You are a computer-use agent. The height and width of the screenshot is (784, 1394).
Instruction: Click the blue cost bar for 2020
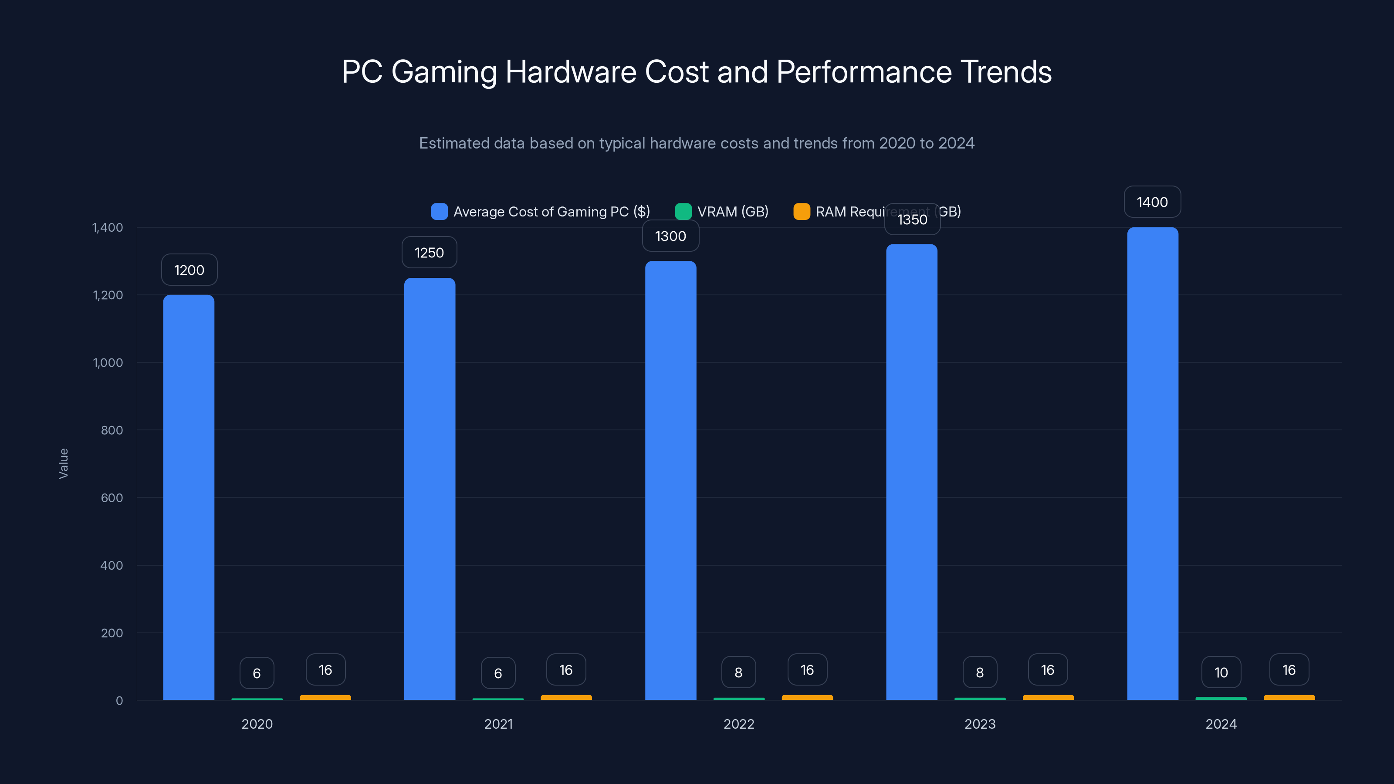pyautogui.click(x=189, y=498)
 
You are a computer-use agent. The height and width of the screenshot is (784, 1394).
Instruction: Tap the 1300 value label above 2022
pyautogui.click(x=670, y=236)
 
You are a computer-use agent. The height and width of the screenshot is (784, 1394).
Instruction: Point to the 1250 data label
pyautogui.click(x=429, y=253)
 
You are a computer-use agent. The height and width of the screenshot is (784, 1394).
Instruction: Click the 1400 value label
pyautogui.click(x=1152, y=203)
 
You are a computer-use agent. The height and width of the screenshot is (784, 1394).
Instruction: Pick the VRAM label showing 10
pyautogui.click(x=1221, y=672)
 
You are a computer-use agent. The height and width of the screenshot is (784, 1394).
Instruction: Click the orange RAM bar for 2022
pyautogui.click(x=807, y=697)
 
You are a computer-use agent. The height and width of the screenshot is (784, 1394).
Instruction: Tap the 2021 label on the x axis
pyautogui.click(x=498, y=724)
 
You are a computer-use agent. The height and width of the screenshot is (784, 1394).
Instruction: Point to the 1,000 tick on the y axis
pyautogui.click(x=108, y=362)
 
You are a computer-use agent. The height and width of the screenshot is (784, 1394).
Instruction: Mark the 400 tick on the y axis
pyautogui.click(x=112, y=565)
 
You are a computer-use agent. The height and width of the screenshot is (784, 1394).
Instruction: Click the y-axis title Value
pyautogui.click(x=63, y=464)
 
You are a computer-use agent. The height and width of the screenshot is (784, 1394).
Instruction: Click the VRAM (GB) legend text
pyautogui.click(x=733, y=212)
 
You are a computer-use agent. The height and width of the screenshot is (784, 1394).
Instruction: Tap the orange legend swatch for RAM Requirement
pyautogui.click(x=802, y=212)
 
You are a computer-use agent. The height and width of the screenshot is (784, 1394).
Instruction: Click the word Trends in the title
pyautogui.click(x=1006, y=72)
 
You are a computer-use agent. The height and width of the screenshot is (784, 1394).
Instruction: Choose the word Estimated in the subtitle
pyautogui.click(x=454, y=143)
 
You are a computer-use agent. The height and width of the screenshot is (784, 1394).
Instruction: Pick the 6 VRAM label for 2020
pyautogui.click(x=257, y=673)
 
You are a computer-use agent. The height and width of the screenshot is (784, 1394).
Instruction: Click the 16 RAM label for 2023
pyautogui.click(x=1048, y=670)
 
